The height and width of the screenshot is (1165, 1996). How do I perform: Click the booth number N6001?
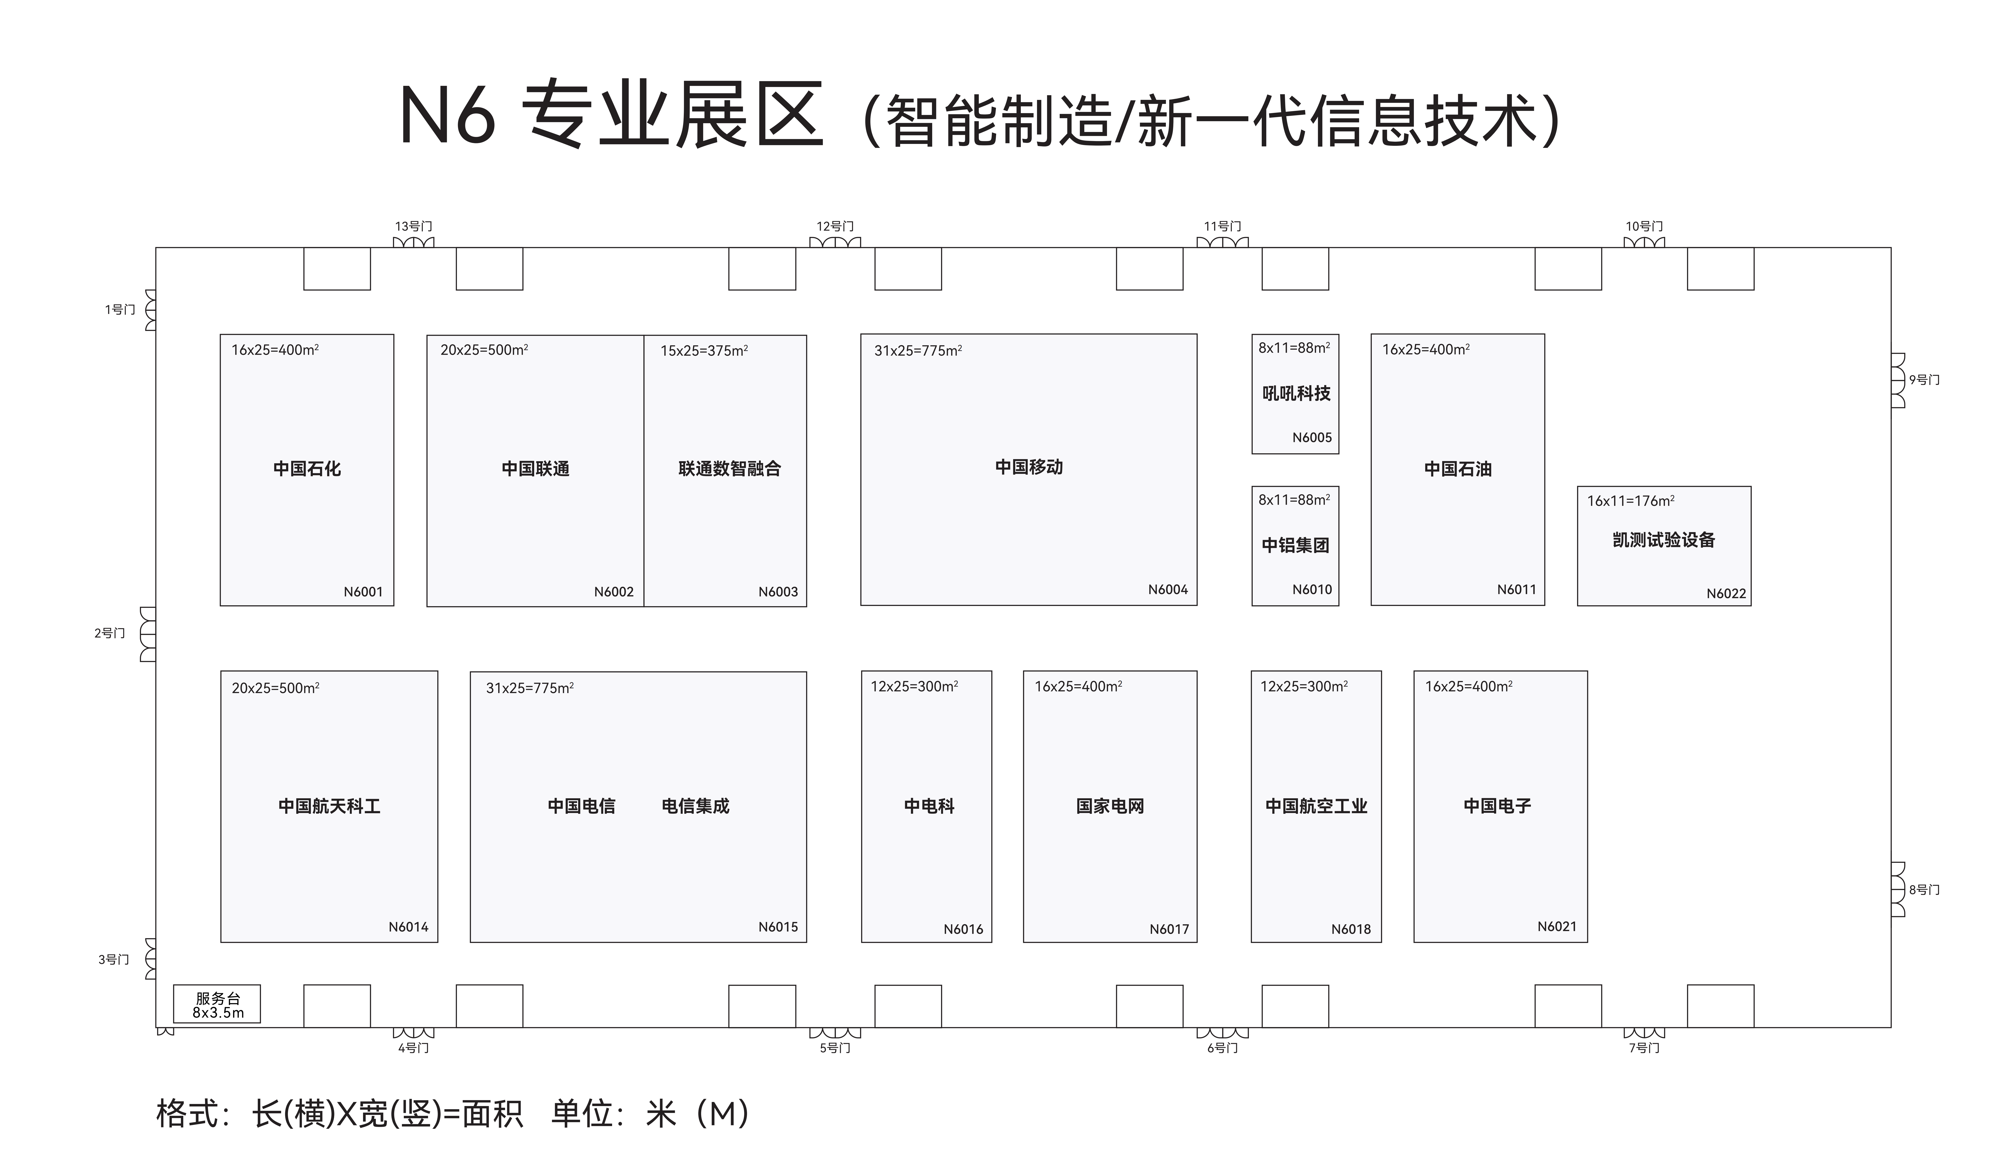click(363, 592)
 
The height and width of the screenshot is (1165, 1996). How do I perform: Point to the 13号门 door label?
click(413, 227)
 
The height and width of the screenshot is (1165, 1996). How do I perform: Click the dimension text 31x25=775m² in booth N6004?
click(918, 350)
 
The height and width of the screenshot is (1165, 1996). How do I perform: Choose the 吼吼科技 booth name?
click(1296, 393)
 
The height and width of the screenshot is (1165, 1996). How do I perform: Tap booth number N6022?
click(1726, 594)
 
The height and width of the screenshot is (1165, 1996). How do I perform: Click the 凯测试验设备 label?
click(1663, 540)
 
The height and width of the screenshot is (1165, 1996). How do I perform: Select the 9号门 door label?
click(1924, 380)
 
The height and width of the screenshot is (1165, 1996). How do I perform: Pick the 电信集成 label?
click(695, 806)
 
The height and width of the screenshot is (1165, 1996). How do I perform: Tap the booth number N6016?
click(963, 930)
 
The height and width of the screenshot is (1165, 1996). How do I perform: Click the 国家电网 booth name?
click(1110, 806)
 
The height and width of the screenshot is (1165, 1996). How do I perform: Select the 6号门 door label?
click(1222, 1048)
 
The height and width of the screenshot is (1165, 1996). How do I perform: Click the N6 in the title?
click(448, 115)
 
